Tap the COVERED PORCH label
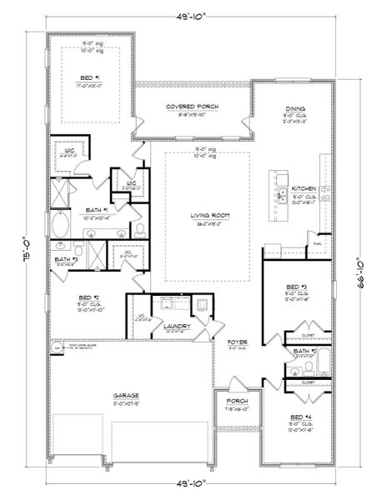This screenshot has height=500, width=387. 193,107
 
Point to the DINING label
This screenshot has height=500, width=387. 294,108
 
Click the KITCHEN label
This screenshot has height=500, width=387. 303,190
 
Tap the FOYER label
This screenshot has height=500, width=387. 237,342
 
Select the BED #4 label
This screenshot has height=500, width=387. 300,414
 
